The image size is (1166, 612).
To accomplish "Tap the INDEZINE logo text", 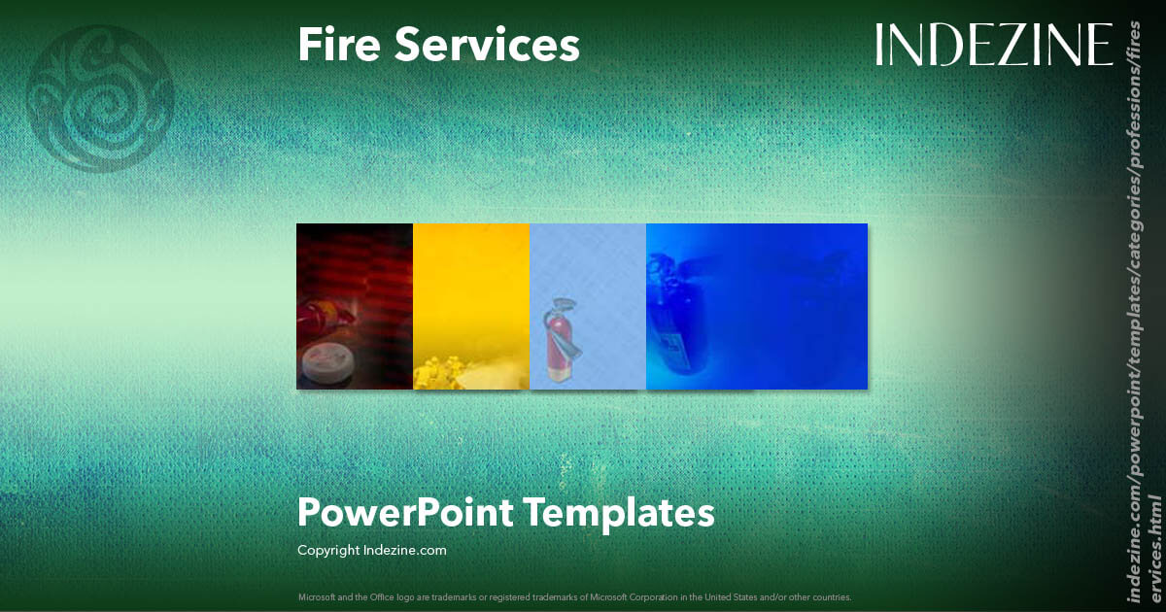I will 993,45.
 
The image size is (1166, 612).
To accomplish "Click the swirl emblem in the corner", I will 100,98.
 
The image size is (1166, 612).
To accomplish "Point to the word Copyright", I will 327,550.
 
